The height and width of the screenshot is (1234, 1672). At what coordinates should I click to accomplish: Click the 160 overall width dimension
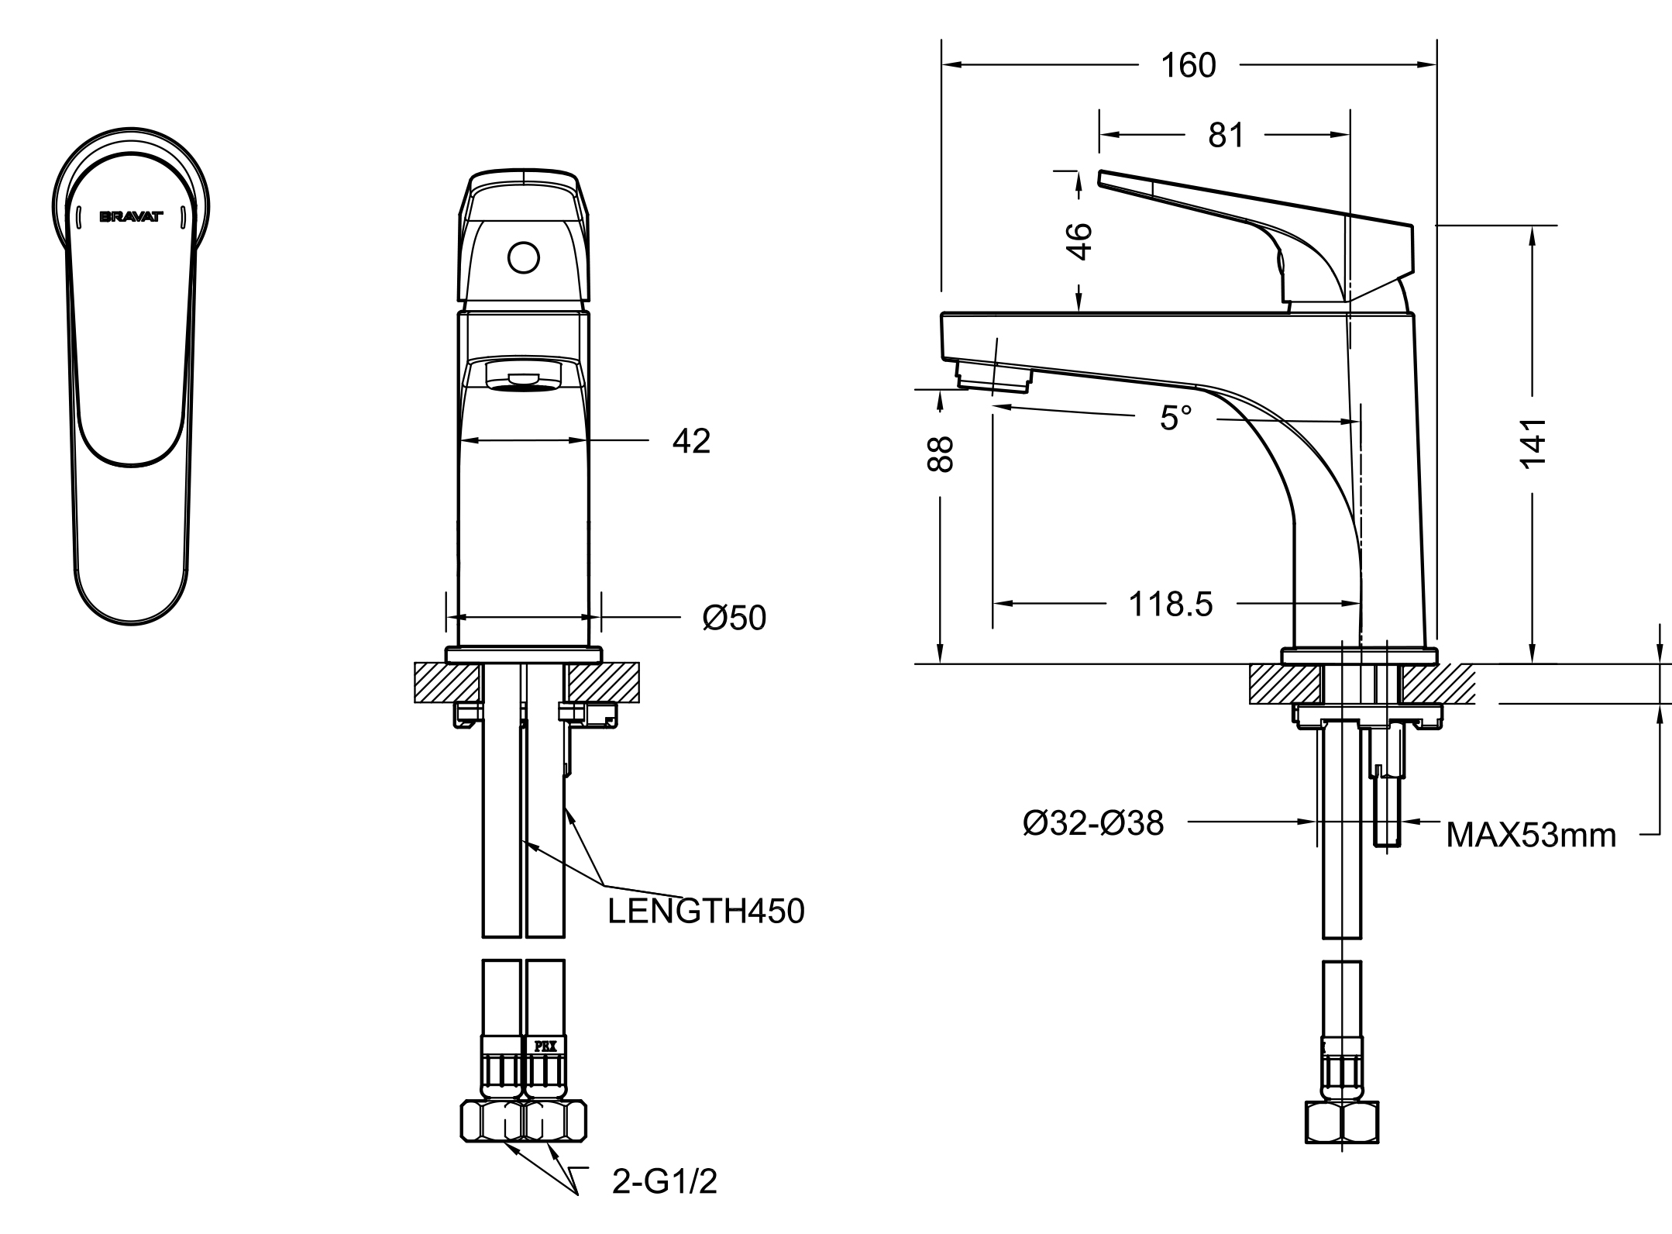point(1188,66)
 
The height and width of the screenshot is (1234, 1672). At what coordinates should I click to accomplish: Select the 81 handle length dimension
point(1226,135)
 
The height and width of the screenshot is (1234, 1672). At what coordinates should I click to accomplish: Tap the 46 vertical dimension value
point(1079,241)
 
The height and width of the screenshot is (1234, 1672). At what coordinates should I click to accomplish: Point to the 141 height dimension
point(1533,442)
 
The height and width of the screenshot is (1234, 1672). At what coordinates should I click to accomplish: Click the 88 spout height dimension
point(940,454)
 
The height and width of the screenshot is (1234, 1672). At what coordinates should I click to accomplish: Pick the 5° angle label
point(1175,418)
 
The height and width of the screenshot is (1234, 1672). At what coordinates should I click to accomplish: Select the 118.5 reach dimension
point(1170,604)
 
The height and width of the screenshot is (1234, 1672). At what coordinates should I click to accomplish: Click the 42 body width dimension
point(691,441)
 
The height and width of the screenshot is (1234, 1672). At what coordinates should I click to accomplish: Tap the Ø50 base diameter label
point(734,618)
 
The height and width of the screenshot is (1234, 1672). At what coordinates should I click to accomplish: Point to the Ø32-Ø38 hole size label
point(1092,822)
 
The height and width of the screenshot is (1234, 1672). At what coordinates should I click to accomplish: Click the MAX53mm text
point(1531,835)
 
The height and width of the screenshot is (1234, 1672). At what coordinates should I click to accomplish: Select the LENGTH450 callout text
point(706,911)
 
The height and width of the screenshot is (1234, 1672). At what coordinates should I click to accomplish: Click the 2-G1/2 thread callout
point(664,1181)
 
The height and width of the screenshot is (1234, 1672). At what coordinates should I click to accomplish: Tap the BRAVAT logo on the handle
point(131,218)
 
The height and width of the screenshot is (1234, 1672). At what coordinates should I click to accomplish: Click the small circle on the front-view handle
point(523,258)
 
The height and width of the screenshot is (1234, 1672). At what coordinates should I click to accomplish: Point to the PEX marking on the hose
point(545,1046)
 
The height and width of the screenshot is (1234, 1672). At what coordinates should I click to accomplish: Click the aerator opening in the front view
point(523,377)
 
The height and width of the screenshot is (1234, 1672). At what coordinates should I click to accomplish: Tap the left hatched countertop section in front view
point(446,682)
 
